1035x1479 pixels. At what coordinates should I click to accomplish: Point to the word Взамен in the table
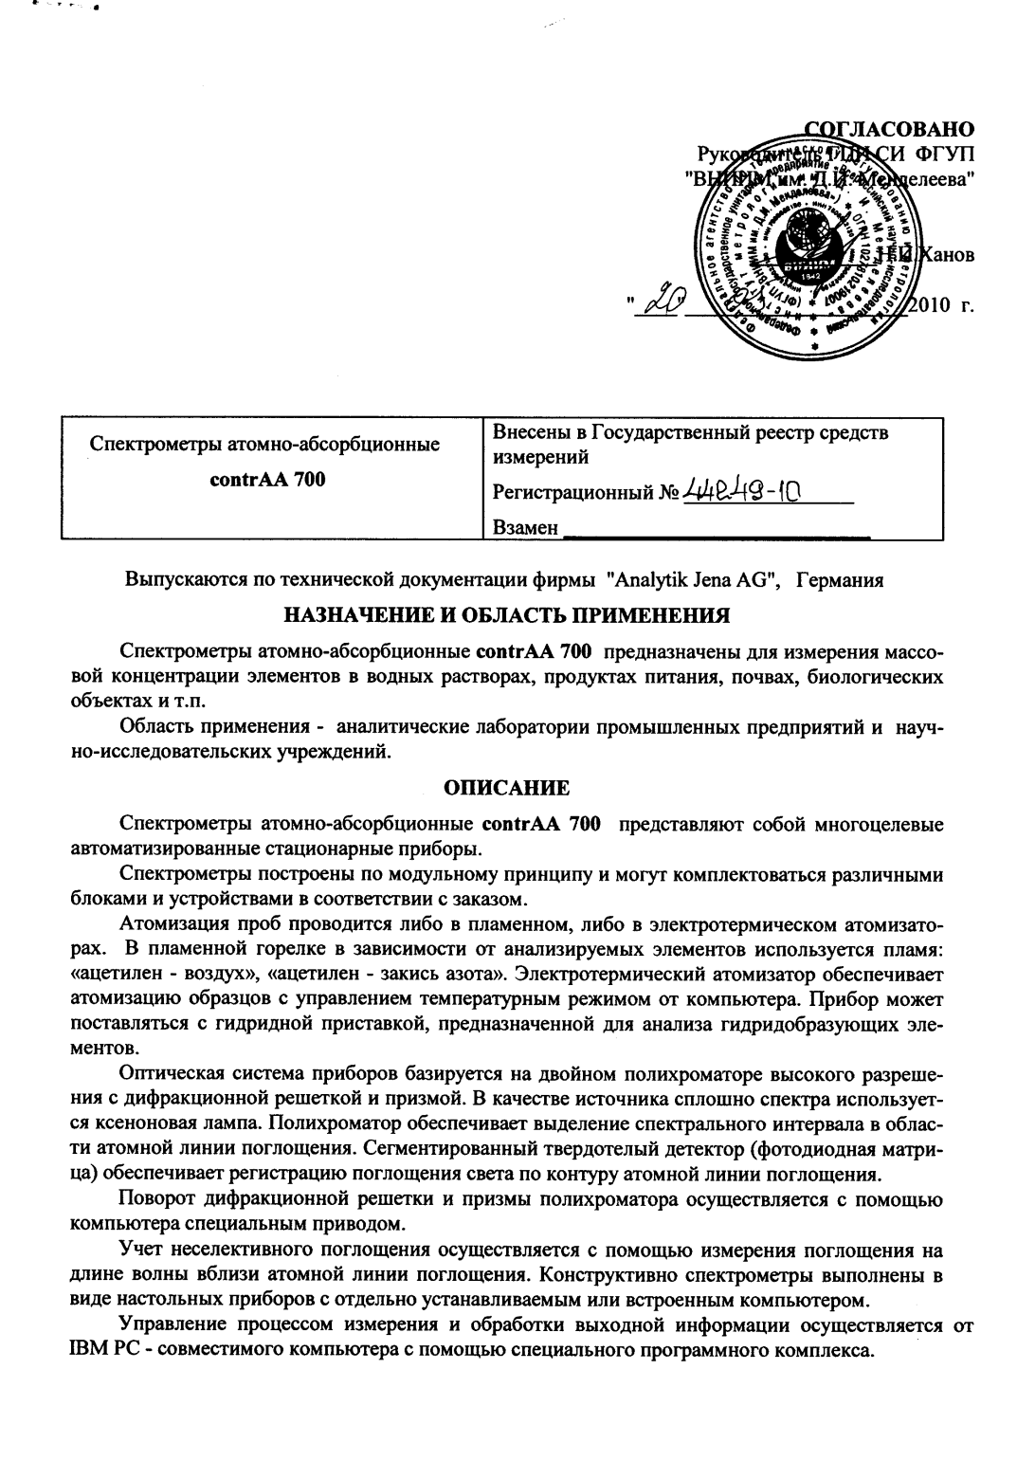526,527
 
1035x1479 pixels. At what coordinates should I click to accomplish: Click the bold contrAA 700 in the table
267,479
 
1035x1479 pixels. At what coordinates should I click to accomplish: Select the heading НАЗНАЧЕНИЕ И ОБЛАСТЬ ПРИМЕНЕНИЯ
507,615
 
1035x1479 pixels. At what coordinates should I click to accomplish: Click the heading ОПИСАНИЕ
507,788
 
